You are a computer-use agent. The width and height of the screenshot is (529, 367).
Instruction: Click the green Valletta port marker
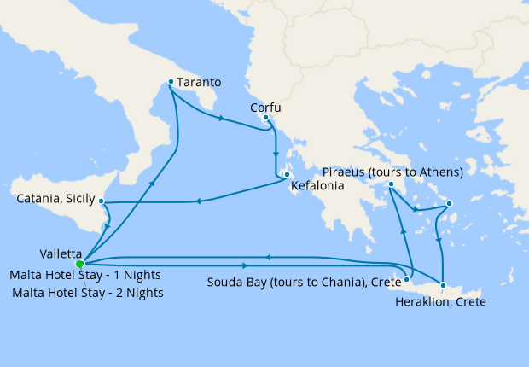[80, 264]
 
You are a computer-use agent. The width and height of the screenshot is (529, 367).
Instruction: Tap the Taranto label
[200, 83]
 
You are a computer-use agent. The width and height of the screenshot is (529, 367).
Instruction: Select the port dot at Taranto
[171, 82]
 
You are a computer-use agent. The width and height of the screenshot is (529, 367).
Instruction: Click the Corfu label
[265, 108]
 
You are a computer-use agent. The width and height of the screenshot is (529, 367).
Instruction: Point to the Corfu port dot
[266, 118]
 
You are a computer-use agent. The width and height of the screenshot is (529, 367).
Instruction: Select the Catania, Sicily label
[55, 201]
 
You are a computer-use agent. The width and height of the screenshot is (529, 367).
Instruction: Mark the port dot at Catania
[102, 202]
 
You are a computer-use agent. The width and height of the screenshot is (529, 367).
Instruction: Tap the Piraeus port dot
[390, 184]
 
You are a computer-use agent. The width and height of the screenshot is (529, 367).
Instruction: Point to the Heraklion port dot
[443, 284]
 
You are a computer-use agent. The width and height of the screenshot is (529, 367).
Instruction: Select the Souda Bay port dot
[408, 278]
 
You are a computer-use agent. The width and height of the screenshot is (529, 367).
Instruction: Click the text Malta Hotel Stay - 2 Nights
[89, 293]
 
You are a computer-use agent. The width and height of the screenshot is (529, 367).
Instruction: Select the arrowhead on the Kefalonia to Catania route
[197, 202]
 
